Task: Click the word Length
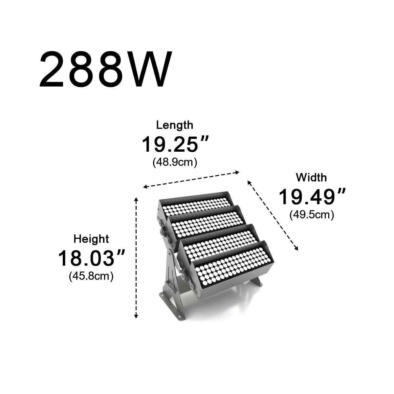(x=175, y=125)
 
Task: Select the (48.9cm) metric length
(x=175, y=162)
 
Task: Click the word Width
(x=311, y=178)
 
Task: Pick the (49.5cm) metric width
(x=312, y=215)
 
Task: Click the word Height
(x=91, y=239)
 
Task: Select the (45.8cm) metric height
(x=91, y=276)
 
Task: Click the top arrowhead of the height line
(x=136, y=199)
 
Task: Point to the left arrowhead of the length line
(x=145, y=187)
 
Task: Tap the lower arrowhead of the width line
(x=296, y=249)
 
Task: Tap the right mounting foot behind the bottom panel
(x=258, y=282)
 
